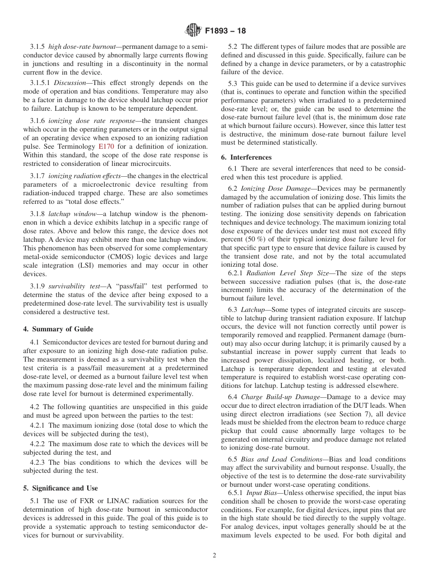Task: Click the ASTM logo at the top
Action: pyautogui.click(x=193, y=31)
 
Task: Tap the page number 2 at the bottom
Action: pyautogui.click(x=214, y=556)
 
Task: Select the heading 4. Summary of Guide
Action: pyautogui.click(x=58, y=329)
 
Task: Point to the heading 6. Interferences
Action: pyautogui.click(x=246, y=157)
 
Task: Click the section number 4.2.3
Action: pyautogui.click(x=38, y=462)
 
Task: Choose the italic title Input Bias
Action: pyautogui.click(x=258, y=493)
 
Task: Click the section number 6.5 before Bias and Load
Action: pyautogui.click(x=233, y=459)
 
